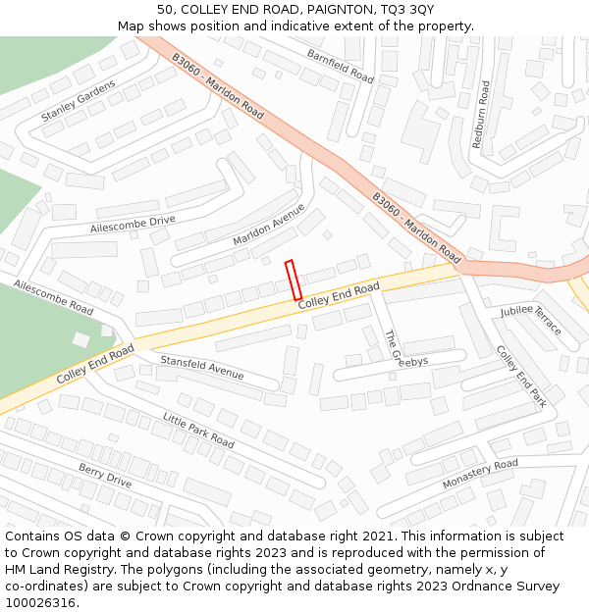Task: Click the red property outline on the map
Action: pyautogui.click(x=293, y=280)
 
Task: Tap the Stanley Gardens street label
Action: pyautogui.click(x=78, y=101)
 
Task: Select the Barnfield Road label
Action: pyautogui.click(x=340, y=66)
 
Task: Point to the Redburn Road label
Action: pyautogui.click(x=480, y=115)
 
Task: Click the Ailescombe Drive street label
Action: pyautogui.click(x=133, y=225)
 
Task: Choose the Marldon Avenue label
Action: pyautogui.click(x=268, y=226)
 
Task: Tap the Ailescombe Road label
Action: pyautogui.click(x=53, y=296)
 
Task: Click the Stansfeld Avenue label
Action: pyautogui.click(x=201, y=368)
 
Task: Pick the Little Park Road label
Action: pyautogui.click(x=198, y=430)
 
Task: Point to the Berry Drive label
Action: pyautogui.click(x=105, y=475)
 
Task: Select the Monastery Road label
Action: pyautogui.click(x=480, y=473)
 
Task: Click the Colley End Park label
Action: pyautogui.click(x=520, y=376)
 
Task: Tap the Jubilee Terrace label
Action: pyautogui.click(x=530, y=320)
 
